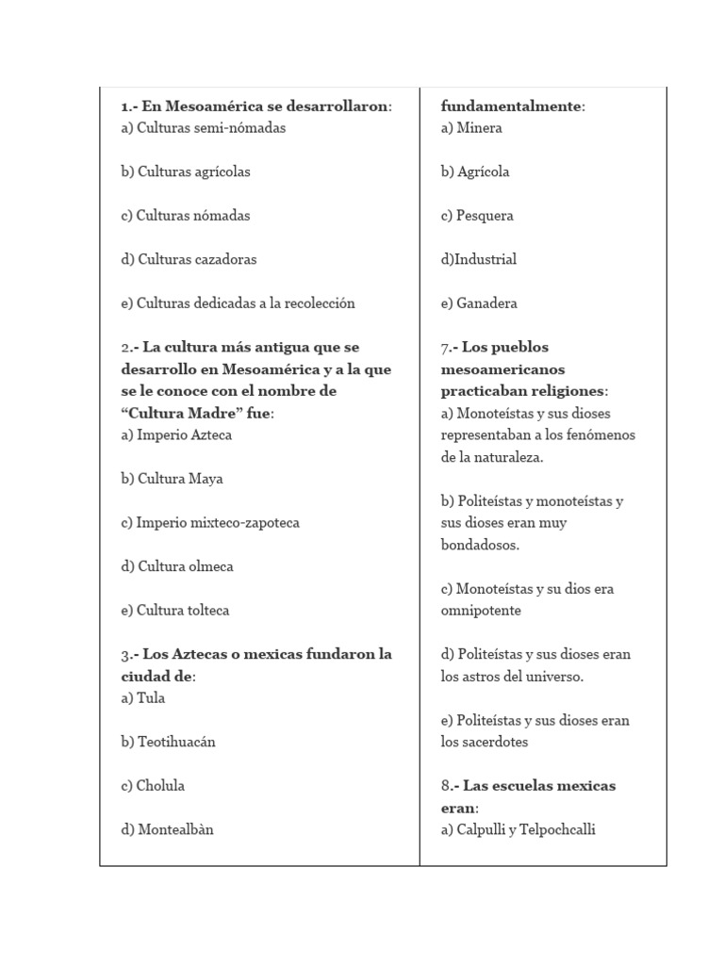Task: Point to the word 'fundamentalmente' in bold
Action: point(510,106)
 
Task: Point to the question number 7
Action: point(445,348)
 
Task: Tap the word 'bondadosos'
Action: point(479,545)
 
